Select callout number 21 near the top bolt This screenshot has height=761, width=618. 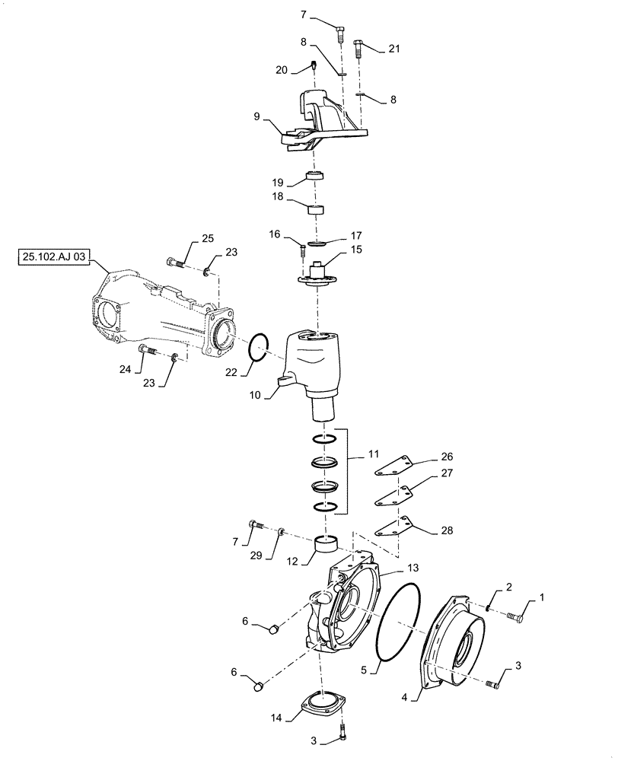(x=393, y=49)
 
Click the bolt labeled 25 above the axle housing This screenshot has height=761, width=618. (x=174, y=263)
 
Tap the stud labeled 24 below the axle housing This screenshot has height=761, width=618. (x=148, y=350)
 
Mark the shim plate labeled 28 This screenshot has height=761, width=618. (x=398, y=527)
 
